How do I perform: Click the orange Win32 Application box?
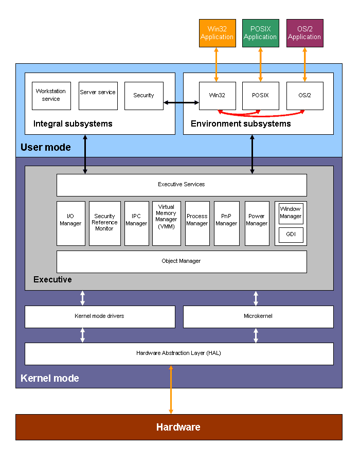[x=217, y=33]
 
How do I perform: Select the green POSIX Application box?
[x=260, y=33]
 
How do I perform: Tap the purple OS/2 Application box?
[x=304, y=33]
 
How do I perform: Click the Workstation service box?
[x=51, y=96]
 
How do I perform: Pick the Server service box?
[x=98, y=96]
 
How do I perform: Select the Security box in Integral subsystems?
[x=143, y=96]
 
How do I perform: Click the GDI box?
[x=291, y=235]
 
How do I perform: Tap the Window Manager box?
[x=291, y=213]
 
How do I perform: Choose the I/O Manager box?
[x=70, y=223]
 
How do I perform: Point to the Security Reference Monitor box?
[x=104, y=223]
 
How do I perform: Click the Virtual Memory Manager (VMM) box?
[x=166, y=223]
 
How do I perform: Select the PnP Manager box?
[x=226, y=223]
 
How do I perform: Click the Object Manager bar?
[x=181, y=261]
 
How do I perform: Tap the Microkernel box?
[x=258, y=316]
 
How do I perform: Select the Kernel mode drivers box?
[x=100, y=316]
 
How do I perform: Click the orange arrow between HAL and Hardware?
[x=171, y=389]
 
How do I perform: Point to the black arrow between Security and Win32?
[x=181, y=103]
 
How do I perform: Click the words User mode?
[x=46, y=148]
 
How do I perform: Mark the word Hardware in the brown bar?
[x=178, y=427]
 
